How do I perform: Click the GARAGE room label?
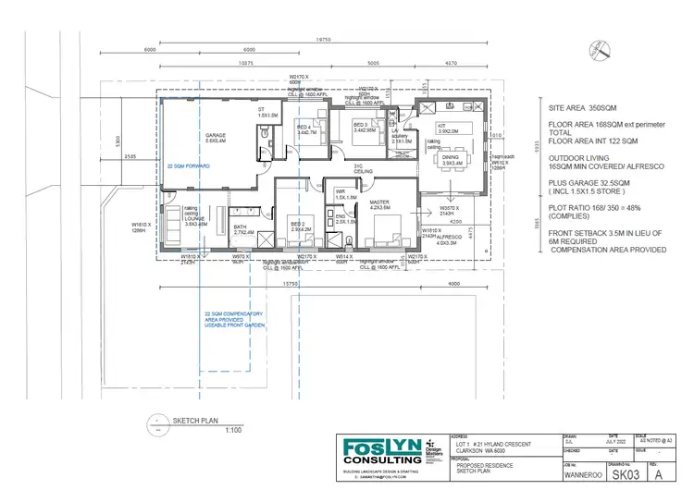(216, 136)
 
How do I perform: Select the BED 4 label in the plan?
(304, 128)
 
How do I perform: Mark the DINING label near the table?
(449, 159)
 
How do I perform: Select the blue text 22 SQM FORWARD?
(189, 165)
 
